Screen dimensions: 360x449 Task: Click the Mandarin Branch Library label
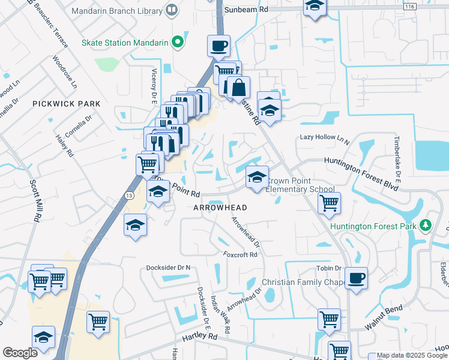click(x=116, y=11)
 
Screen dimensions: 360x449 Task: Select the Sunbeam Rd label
click(x=246, y=10)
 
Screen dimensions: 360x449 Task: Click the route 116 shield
click(x=409, y=6)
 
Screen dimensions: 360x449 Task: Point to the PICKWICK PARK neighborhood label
click(x=67, y=104)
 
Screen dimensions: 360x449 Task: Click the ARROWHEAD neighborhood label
click(x=220, y=207)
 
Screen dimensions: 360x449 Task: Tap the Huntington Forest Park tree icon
click(x=426, y=224)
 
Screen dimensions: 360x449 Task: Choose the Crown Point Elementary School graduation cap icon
click(x=257, y=177)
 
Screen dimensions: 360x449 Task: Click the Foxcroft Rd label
click(x=240, y=254)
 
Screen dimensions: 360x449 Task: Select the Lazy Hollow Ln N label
click(x=324, y=138)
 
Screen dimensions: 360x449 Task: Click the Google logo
click(x=20, y=353)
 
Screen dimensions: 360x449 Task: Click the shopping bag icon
click(x=238, y=87)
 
